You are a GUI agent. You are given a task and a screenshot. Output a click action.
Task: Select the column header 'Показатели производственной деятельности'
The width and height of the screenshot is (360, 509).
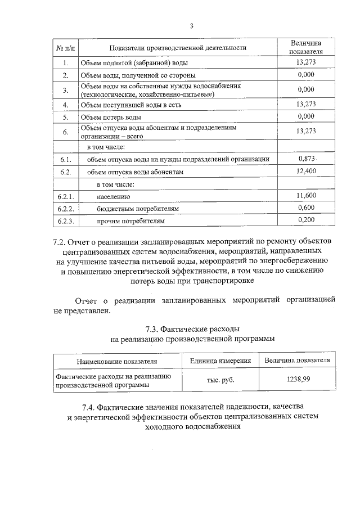[x=178, y=48]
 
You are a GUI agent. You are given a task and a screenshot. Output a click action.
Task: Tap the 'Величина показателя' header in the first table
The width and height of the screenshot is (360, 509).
[x=305, y=48]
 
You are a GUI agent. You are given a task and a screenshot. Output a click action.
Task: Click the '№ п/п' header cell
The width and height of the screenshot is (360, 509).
[x=66, y=48]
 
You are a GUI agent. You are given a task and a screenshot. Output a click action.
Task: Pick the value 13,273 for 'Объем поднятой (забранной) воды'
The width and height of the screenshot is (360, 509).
[x=305, y=62]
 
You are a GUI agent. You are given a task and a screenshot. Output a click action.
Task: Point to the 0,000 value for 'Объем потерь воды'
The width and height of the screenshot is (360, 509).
[x=305, y=117]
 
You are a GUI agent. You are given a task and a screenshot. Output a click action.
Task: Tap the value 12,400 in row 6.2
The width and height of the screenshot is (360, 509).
[x=305, y=172]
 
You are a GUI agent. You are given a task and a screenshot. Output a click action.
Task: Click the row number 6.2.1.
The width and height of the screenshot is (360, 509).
[x=66, y=196]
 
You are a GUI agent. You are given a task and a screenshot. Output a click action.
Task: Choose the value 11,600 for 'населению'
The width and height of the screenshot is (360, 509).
[x=305, y=196]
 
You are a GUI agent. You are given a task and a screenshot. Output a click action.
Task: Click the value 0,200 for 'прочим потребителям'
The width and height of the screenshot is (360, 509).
[x=305, y=220]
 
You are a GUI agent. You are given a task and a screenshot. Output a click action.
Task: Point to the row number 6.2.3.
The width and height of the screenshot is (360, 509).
[x=66, y=221]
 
